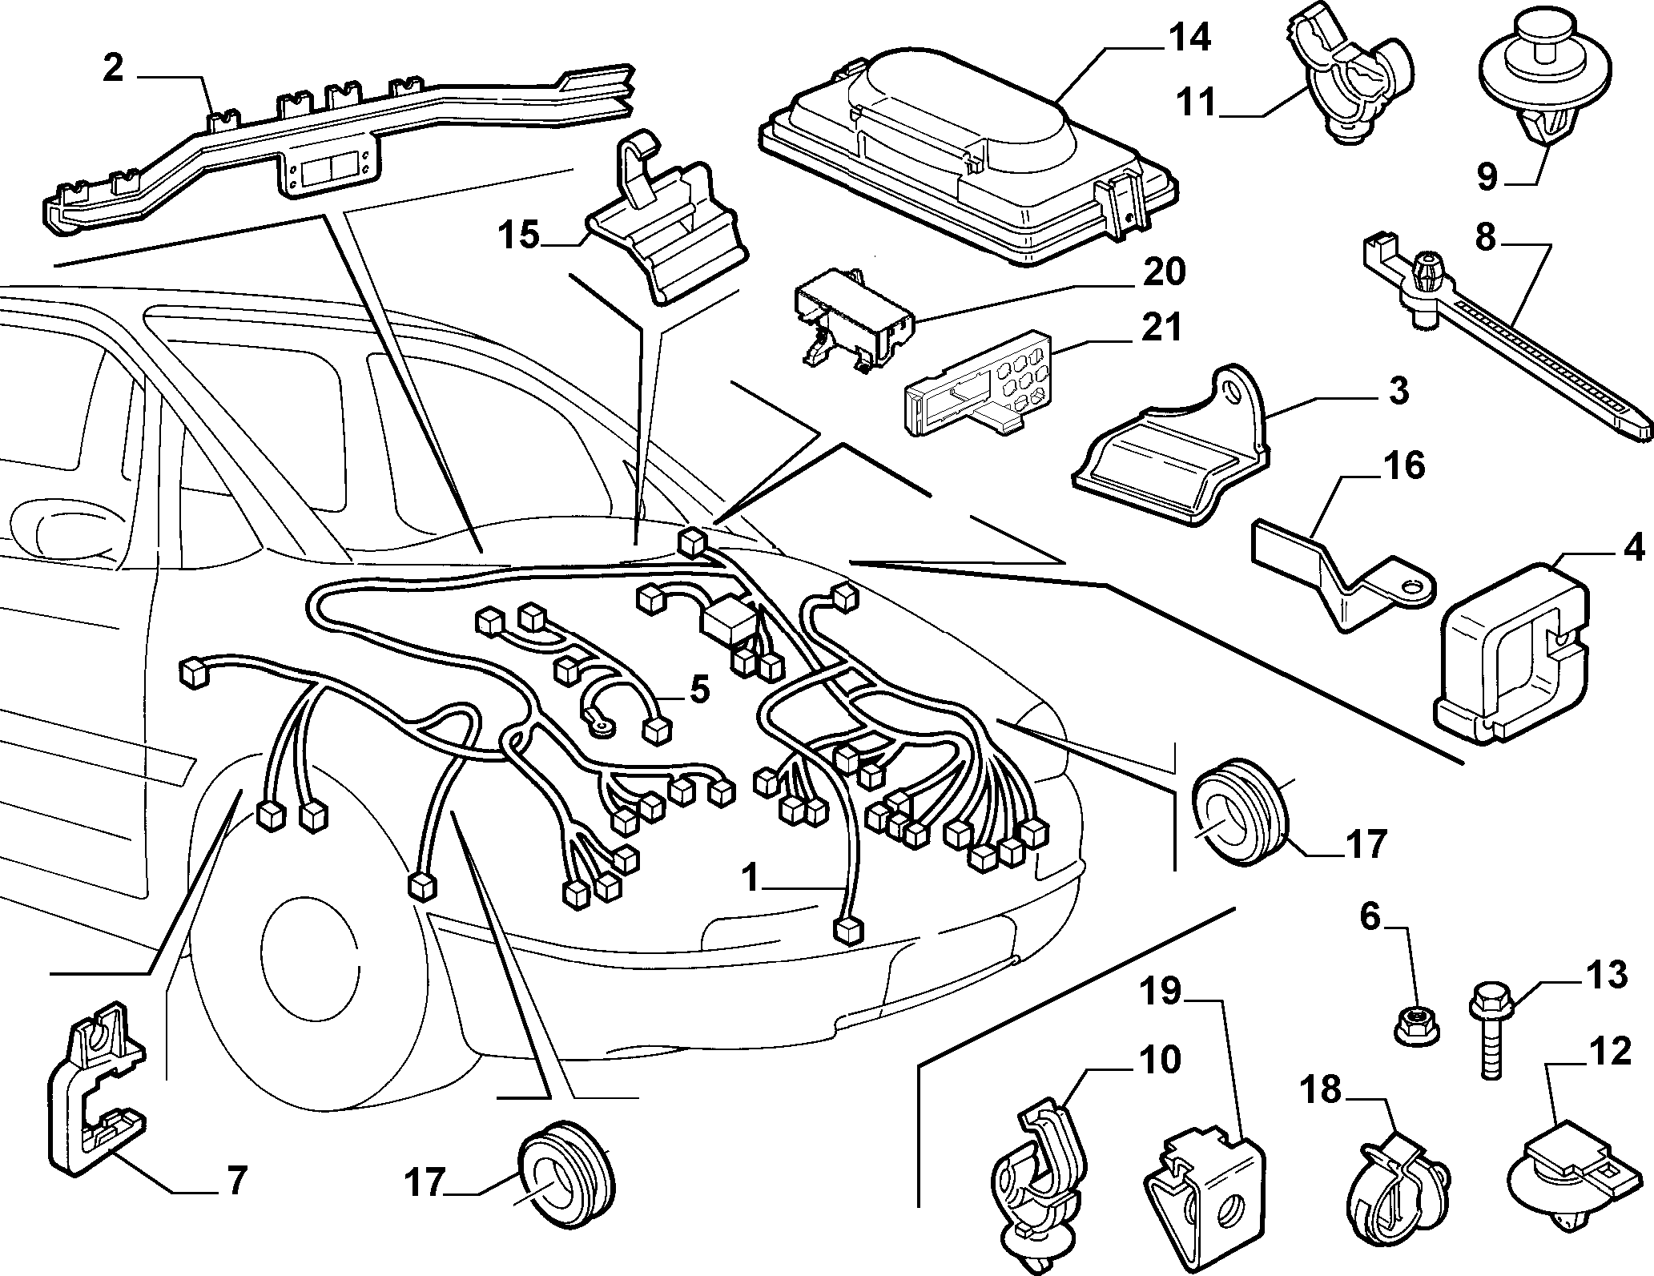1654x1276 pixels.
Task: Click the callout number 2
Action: click(114, 69)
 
